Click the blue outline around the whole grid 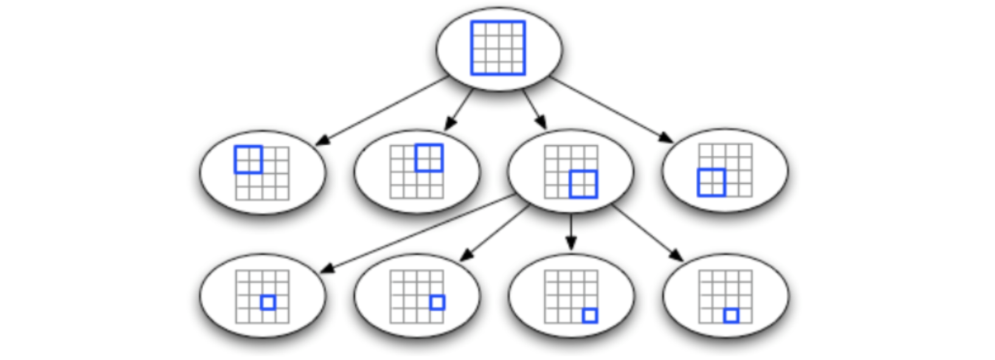tap(472, 48)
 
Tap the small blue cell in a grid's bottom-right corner tap(589, 316)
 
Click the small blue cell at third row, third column tap(268, 302)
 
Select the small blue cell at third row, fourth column tap(437, 302)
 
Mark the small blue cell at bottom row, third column tap(731, 316)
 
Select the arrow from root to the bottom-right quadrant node tap(535, 109)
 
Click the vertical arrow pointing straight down tap(570, 231)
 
